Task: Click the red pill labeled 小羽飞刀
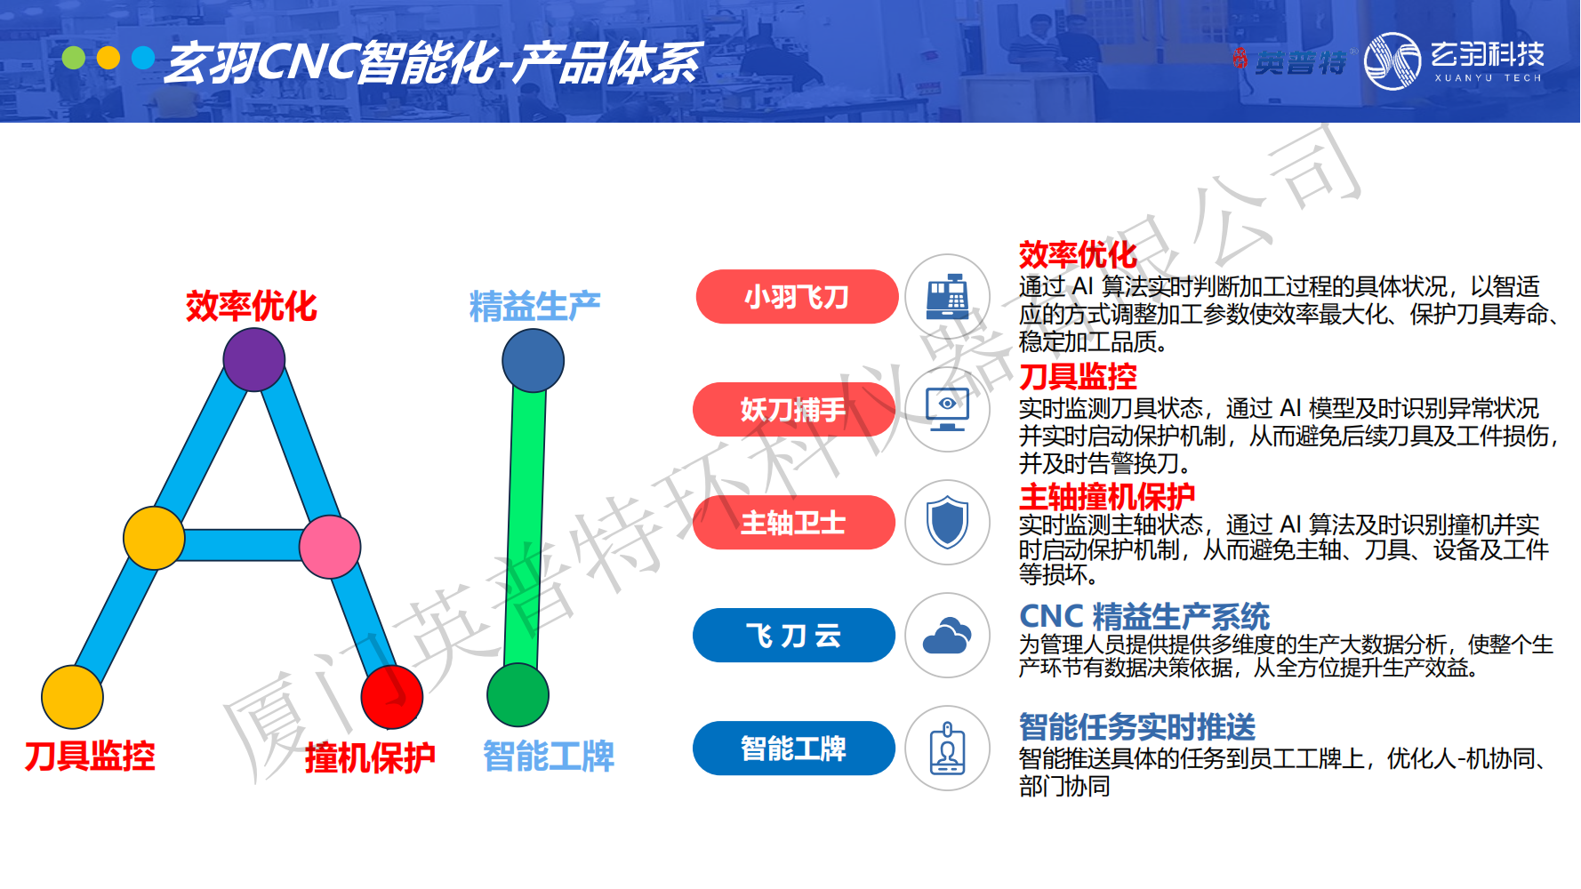pos(797,297)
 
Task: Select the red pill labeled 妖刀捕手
pos(793,410)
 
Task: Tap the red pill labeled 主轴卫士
pos(793,523)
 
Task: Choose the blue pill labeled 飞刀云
pos(793,636)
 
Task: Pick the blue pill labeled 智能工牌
pos(793,749)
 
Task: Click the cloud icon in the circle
pos(948,636)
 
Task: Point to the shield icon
pos(948,523)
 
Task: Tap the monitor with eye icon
pos(948,410)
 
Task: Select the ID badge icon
pos(948,749)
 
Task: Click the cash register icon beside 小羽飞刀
pos(948,297)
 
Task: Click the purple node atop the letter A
pos(254,360)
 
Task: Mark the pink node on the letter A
pos(330,547)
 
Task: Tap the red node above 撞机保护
pos(392,697)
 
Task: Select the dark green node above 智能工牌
pos(518,695)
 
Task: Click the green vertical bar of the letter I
pos(526,528)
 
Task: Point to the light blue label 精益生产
pos(535,307)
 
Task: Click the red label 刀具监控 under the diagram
pos(90,757)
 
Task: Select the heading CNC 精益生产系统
pos(1144,616)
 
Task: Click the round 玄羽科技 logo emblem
pos(1392,61)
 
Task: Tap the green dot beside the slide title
pos(74,58)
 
